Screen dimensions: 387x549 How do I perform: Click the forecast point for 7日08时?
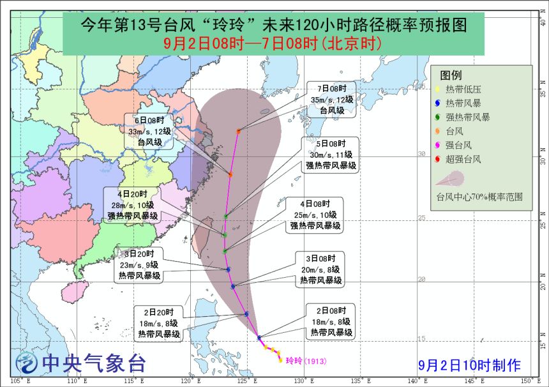pyautogui.click(x=239, y=132)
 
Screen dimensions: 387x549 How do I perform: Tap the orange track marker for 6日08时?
pyautogui.click(x=230, y=174)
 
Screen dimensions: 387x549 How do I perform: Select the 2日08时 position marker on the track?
pyautogui.click(x=259, y=337)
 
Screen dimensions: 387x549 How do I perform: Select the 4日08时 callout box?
pyautogui.click(x=315, y=214)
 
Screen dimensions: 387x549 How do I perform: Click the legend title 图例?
pyautogui.click(x=451, y=75)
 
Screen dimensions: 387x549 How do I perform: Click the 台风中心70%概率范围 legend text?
pyautogui.click(x=479, y=197)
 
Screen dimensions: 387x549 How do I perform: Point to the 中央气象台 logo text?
pyautogui.click(x=93, y=363)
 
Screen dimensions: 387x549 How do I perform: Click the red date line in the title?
pyautogui.click(x=273, y=43)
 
